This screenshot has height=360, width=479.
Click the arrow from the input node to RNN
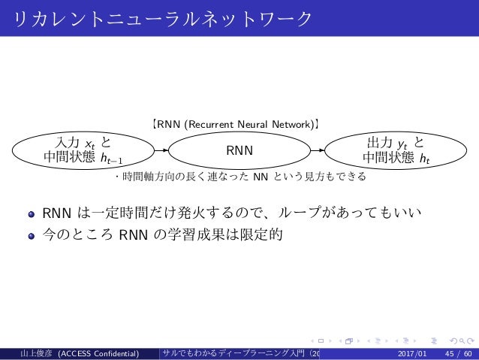158,150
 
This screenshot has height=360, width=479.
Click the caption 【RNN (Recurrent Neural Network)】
239,120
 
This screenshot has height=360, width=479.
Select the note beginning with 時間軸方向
239,178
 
